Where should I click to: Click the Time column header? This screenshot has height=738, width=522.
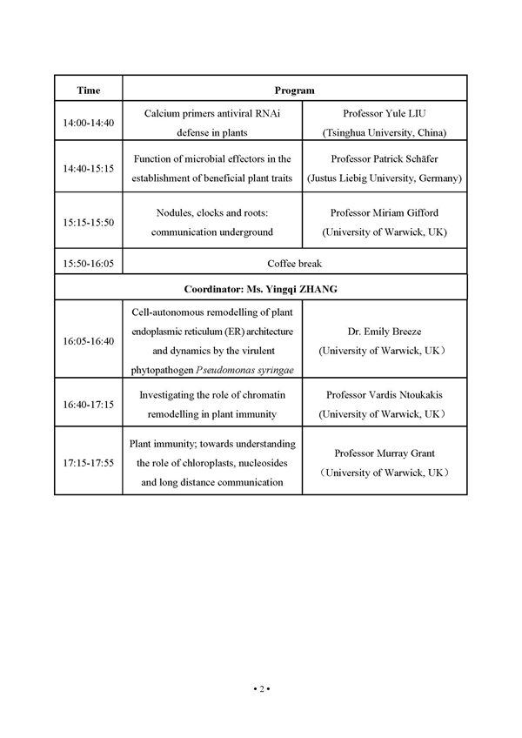[88, 91]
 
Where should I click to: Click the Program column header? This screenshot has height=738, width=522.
[294, 91]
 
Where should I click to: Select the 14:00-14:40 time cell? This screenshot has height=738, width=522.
[88, 123]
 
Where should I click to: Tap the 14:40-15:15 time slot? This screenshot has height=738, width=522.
[88, 168]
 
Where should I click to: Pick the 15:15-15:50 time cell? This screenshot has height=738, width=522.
[88, 223]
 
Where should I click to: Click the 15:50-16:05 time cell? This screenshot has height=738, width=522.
[88, 262]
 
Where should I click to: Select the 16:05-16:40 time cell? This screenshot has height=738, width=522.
[88, 341]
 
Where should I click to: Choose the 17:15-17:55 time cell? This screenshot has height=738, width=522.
[88, 461]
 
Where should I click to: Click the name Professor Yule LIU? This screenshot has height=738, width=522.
[383, 113]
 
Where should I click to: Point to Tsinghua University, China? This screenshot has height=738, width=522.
[384, 133]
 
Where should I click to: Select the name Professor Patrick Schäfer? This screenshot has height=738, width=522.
[383, 159]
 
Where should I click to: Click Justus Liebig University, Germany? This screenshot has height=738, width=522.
[384, 178]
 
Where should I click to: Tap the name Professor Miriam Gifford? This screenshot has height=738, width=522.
[383, 213]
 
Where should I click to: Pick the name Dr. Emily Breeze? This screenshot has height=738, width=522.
[383, 331]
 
